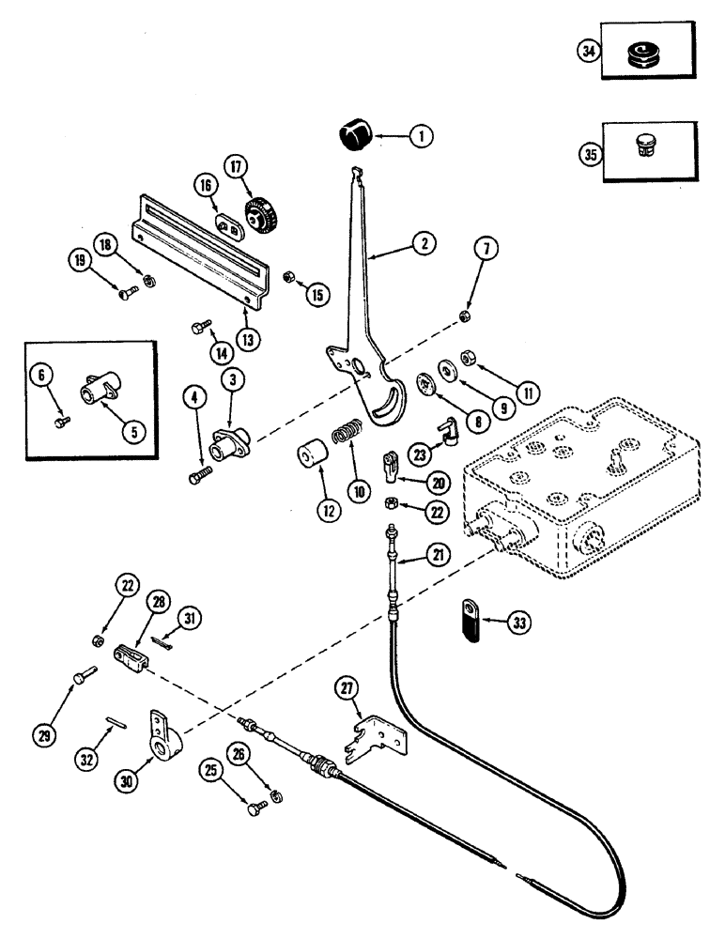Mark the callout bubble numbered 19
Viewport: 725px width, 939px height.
78,258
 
